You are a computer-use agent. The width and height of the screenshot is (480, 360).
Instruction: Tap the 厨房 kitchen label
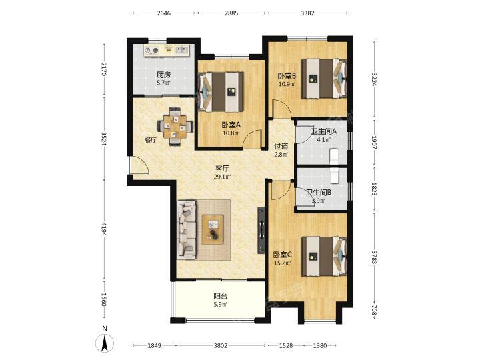pyautogui.click(x=163, y=75)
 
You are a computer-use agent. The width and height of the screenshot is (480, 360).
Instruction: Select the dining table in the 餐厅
pyautogui.click(x=175, y=126)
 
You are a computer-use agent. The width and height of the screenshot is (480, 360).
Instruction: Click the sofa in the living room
pyautogui.click(x=187, y=229)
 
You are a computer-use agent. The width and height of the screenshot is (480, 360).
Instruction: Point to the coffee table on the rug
pyautogui.click(x=213, y=229)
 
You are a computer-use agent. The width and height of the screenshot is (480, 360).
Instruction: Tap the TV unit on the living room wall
pyautogui.click(x=261, y=230)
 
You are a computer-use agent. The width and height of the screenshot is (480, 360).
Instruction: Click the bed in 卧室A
pyautogui.click(x=221, y=92)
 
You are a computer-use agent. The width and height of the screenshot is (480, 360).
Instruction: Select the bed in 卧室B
pyautogui.click(x=324, y=79)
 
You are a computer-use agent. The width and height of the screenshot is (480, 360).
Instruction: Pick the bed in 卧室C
pyautogui.click(x=324, y=256)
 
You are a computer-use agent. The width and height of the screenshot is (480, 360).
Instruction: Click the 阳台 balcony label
pyautogui.click(x=221, y=296)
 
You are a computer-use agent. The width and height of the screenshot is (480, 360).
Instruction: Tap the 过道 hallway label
pyautogui.click(x=281, y=147)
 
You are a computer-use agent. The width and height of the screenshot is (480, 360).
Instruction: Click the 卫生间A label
pyautogui.click(x=324, y=131)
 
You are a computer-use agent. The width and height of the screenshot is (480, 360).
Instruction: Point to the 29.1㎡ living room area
pyautogui.click(x=222, y=176)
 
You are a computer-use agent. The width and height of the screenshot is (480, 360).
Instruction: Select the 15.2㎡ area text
pyautogui.click(x=282, y=263)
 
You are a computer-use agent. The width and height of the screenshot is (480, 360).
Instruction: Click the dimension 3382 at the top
pyautogui.click(x=307, y=13)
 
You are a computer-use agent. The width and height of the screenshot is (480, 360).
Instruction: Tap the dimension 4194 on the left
pyautogui.click(x=104, y=229)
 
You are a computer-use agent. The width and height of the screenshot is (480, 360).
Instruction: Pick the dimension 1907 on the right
pyautogui.click(x=374, y=143)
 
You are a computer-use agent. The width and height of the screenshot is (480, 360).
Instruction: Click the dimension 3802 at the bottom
pyautogui.click(x=221, y=345)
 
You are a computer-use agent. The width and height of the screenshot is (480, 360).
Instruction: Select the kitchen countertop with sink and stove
pyautogui.click(x=167, y=51)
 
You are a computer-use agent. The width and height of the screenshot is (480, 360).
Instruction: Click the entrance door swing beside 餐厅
pyautogui.click(x=139, y=165)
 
